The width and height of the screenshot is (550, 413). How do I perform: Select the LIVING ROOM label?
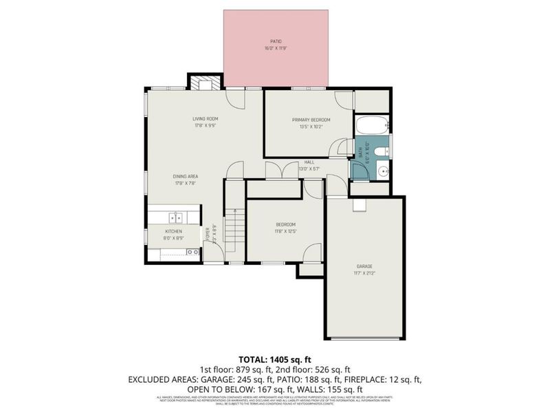(x=205, y=119)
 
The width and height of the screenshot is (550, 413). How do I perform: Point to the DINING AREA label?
(x=185, y=176)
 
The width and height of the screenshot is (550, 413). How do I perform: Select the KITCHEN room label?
(x=173, y=232)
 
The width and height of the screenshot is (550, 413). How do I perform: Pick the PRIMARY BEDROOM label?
(x=315, y=120)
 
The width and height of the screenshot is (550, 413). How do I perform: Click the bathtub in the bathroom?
(x=372, y=126)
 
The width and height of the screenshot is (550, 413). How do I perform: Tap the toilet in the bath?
(x=383, y=147)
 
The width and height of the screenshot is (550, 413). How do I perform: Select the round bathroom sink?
(x=384, y=171)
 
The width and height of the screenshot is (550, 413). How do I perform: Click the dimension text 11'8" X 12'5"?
(x=286, y=231)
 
